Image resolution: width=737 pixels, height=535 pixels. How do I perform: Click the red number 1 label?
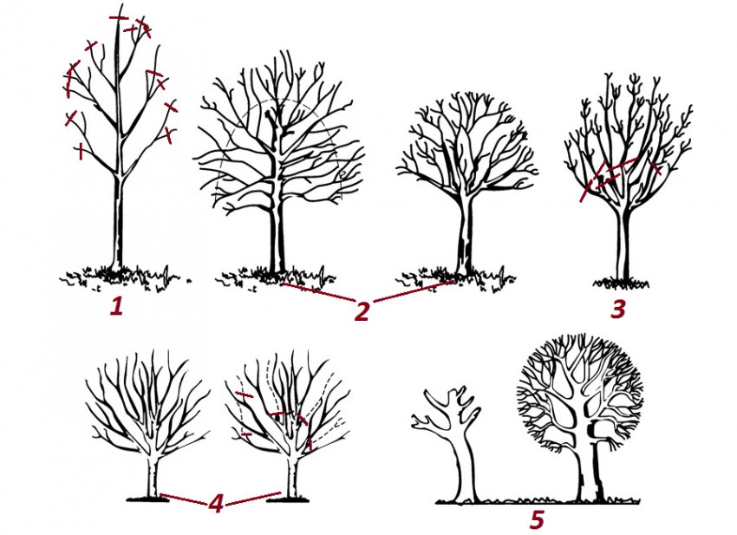tap(116, 307)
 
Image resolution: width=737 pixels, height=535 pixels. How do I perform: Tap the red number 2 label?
tap(362, 311)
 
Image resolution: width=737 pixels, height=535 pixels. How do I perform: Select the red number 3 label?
tap(618, 310)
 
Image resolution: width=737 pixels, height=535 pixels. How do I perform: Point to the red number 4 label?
tap(215, 504)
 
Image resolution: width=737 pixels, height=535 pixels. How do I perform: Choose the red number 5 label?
tap(537, 520)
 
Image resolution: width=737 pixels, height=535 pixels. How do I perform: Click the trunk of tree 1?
tap(118, 221)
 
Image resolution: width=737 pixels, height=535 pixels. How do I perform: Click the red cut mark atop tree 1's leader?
tap(119, 18)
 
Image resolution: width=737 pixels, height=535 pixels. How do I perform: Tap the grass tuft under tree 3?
tap(621, 283)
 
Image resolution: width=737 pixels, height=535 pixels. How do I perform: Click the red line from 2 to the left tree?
tap(319, 291)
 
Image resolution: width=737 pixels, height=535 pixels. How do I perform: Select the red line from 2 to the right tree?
tap(414, 291)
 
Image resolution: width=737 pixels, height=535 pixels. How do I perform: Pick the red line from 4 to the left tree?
tap(184, 499)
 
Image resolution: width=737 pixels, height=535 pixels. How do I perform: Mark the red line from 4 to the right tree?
tap(254, 499)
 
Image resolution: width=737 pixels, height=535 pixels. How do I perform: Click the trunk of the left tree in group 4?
tap(153, 475)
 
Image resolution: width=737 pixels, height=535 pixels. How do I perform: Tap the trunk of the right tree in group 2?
tap(466, 235)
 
